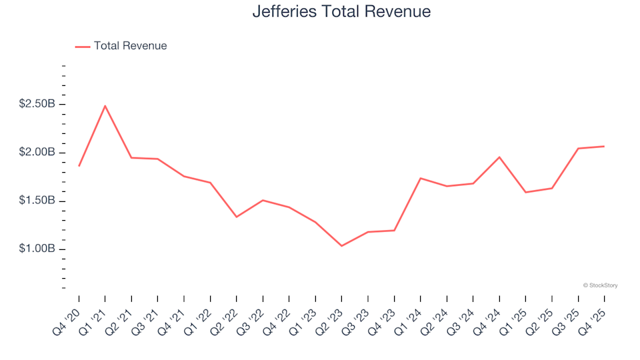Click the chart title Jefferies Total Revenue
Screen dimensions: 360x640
coord(341,12)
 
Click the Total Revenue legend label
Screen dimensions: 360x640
coord(130,46)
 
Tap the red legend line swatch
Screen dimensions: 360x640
coord(83,47)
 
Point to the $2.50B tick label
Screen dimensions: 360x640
coord(37,104)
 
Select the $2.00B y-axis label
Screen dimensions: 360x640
coord(37,153)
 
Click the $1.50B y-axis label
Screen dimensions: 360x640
coord(37,201)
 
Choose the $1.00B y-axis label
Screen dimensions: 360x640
coord(37,249)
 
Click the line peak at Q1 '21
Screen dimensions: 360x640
coord(105,106)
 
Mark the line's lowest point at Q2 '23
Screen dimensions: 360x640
coord(341,246)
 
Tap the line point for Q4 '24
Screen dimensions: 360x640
coord(499,157)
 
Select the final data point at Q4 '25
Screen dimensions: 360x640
coord(604,146)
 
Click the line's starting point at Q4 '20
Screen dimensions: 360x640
coord(79,165)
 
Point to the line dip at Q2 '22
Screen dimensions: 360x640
coord(237,217)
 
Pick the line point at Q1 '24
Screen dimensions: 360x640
coord(421,178)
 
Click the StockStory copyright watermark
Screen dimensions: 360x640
coord(600,285)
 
